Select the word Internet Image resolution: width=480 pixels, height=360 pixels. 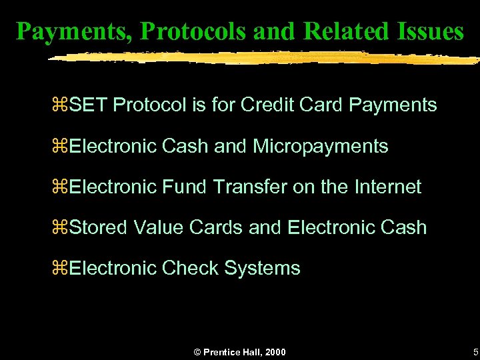(388, 187)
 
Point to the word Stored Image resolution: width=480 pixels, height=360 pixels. (99, 227)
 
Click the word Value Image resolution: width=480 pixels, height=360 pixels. (159, 227)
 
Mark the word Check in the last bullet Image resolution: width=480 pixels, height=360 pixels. (190, 268)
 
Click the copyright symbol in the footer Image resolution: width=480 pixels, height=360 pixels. (197, 351)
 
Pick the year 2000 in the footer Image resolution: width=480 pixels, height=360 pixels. (275, 351)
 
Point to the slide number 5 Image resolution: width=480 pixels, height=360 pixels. (475, 351)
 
